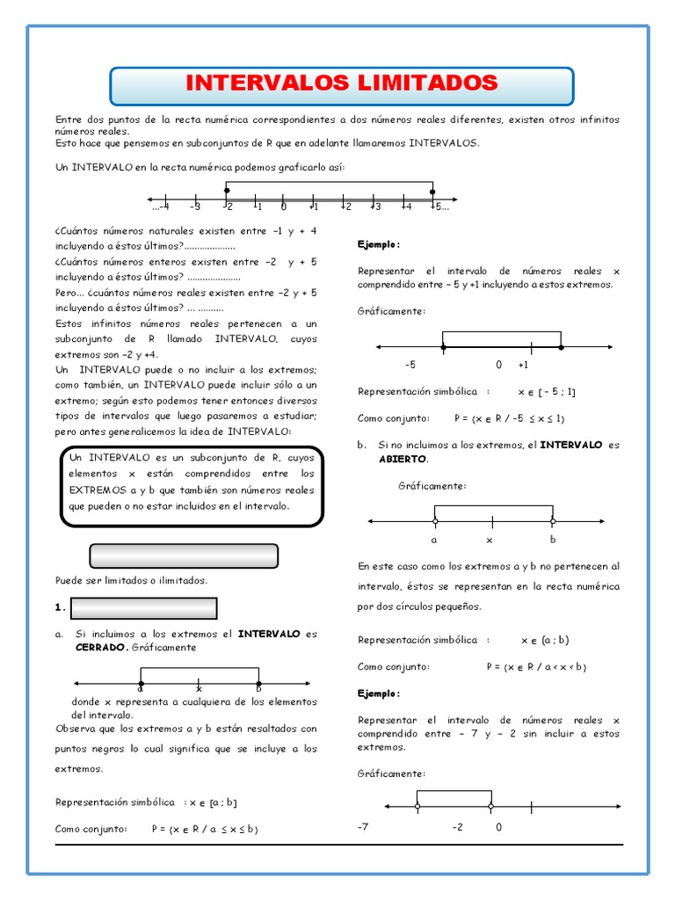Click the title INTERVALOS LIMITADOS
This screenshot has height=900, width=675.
342,83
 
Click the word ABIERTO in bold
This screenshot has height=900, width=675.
403,459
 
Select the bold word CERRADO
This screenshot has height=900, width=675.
101,648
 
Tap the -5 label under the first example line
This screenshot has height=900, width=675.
410,364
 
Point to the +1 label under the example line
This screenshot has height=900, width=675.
523,364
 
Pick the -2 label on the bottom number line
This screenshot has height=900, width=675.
457,827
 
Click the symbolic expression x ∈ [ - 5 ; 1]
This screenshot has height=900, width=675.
547,392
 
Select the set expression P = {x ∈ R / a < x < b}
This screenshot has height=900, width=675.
536,667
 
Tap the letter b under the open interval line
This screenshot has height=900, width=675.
553,540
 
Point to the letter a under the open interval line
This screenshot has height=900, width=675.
434,540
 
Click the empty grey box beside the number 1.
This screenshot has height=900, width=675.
142,608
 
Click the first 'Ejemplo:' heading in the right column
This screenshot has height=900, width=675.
379,243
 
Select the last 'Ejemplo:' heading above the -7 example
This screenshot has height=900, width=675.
379,693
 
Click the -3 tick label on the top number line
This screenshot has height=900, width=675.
194,207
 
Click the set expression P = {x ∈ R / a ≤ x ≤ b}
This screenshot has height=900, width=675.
204,829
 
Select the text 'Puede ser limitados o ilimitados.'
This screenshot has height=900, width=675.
132,580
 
